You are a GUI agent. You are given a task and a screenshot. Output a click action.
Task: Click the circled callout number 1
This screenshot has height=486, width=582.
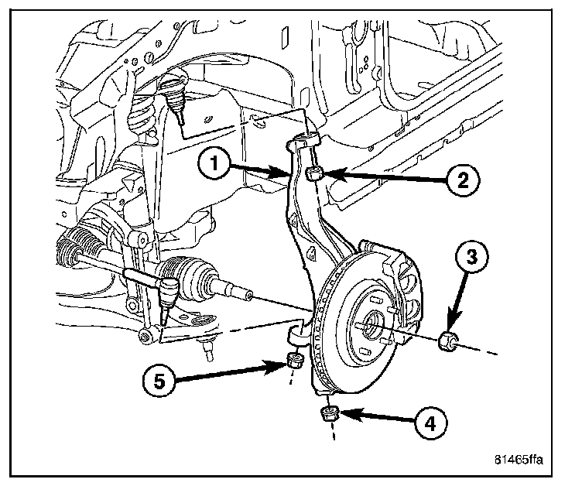pyautogui.click(x=217, y=164)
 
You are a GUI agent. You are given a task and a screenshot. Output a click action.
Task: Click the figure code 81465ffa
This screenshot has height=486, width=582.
pyautogui.click(x=521, y=458)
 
